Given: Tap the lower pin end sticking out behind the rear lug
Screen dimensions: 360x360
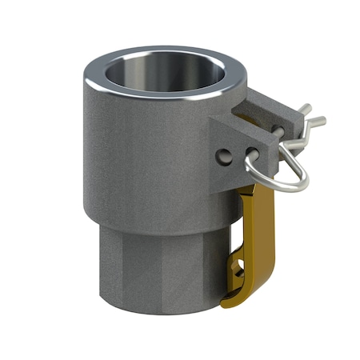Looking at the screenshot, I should click(x=316, y=123).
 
